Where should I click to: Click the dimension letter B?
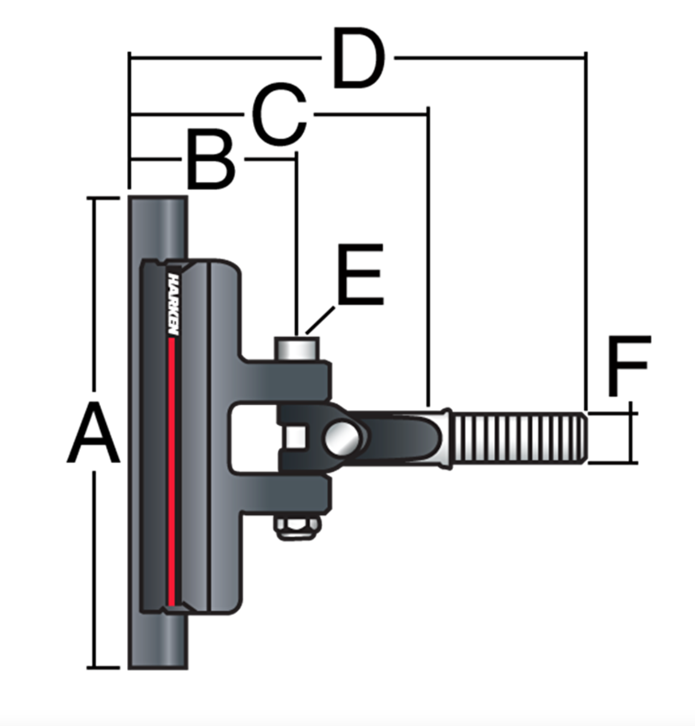click(211, 160)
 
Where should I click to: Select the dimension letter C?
click(279, 115)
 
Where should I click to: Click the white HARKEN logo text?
click(174, 303)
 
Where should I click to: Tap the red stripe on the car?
click(172, 470)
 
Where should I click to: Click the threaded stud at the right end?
click(519, 438)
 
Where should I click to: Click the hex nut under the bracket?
click(297, 526)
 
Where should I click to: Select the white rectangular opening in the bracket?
click(252, 437)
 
